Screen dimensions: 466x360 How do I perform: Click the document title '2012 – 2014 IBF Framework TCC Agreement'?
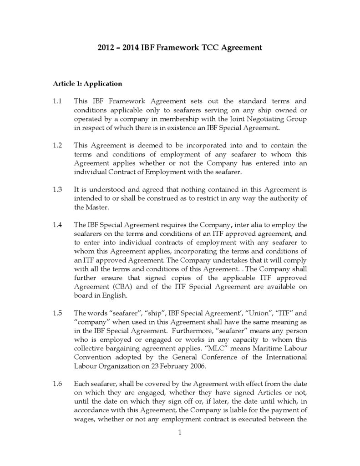tap(180, 47)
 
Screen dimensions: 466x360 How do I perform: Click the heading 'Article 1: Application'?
tap(87, 83)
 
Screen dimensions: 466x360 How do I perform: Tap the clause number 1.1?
tap(57, 101)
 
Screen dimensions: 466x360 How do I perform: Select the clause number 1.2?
tap(57, 145)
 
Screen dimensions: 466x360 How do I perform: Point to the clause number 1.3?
tap(57, 189)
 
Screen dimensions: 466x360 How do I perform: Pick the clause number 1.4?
tap(57, 225)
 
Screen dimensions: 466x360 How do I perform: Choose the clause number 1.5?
tap(57, 313)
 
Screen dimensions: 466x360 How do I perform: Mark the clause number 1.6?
tap(57, 384)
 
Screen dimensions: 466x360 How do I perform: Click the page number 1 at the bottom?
tap(180, 432)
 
